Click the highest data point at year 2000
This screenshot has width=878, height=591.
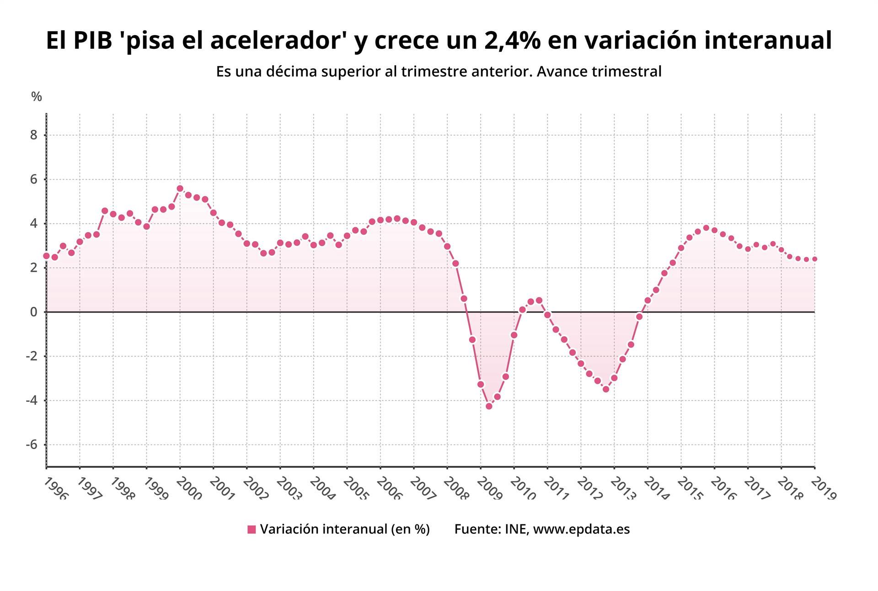tap(180, 189)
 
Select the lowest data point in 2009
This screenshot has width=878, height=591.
tap(489, 406)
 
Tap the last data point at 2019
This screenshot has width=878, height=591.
tap(814, 259)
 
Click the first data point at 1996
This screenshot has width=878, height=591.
tap(46, 256)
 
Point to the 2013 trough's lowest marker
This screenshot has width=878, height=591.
tap(606, 389)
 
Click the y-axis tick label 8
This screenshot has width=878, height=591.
tap(33, 135)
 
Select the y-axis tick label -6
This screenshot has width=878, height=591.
tap(31, 445)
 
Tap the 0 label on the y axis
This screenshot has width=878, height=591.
tap(33, 312)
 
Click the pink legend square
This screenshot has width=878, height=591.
tap(252, 529)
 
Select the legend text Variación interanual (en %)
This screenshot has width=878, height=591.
tap(345, 529)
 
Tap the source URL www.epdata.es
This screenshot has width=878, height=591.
tap(581, 529)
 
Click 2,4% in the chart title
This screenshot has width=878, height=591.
tap(512, 40)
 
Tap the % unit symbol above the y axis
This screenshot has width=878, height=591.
tap(36, 96)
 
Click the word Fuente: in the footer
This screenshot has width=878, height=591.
tap(477, 529)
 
